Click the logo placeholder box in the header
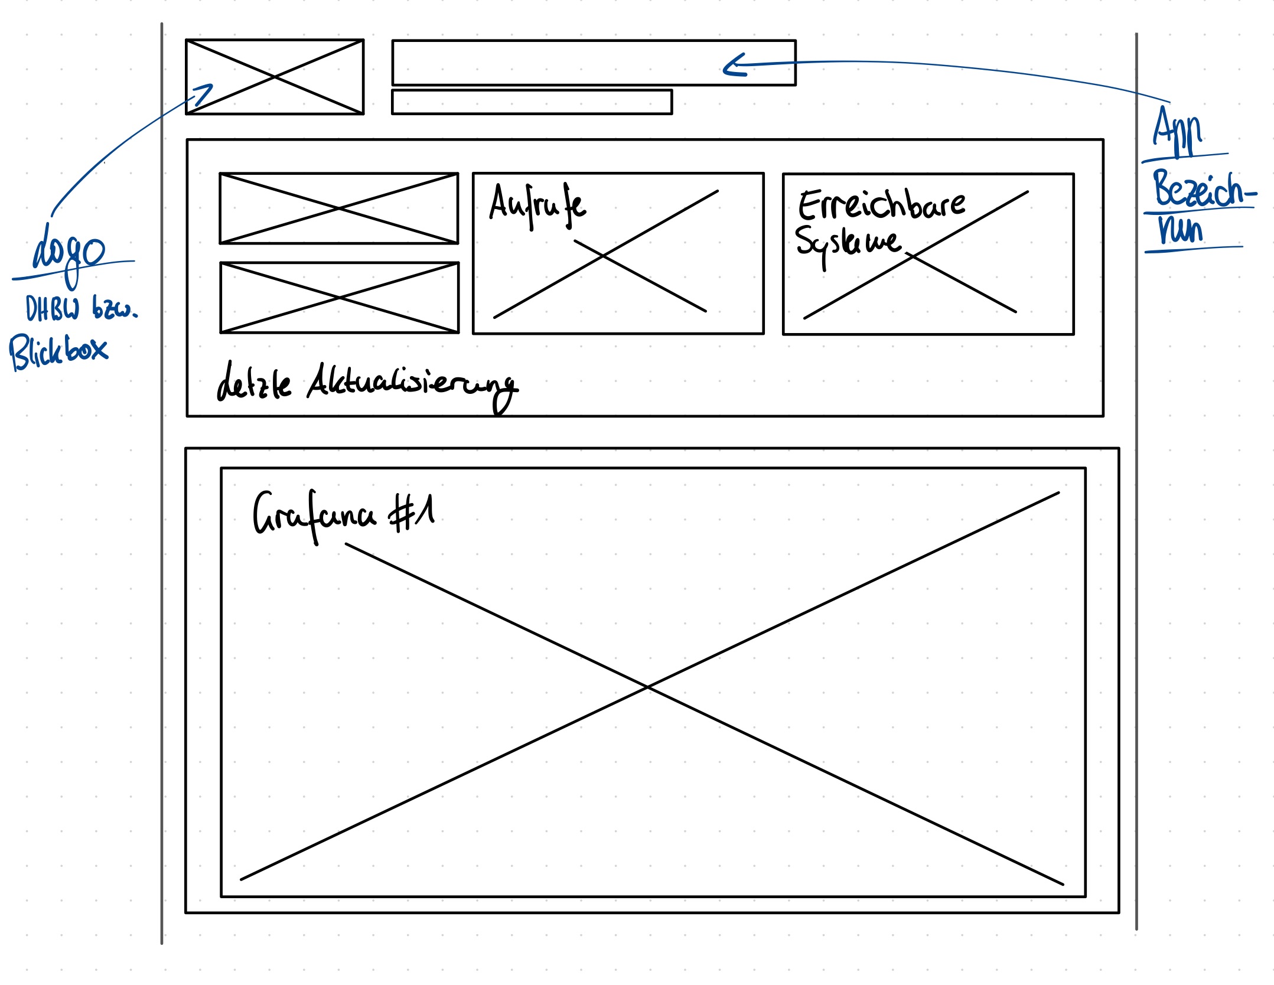(x=275, y=77)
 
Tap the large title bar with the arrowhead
(x=594, y=63)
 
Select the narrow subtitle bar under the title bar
(x=532, y=102)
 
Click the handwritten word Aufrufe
(x=537, y=204)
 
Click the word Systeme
(x=848, y=243)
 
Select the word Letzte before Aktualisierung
(x=254, y=383)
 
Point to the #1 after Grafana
(x=412, y=512)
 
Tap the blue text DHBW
(x=52, y=308)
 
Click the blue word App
(x=1177, y=131)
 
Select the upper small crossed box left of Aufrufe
(x=339, y=208)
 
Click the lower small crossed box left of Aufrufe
(x=340, y=298)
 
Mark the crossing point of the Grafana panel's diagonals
(x=648, y=687)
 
